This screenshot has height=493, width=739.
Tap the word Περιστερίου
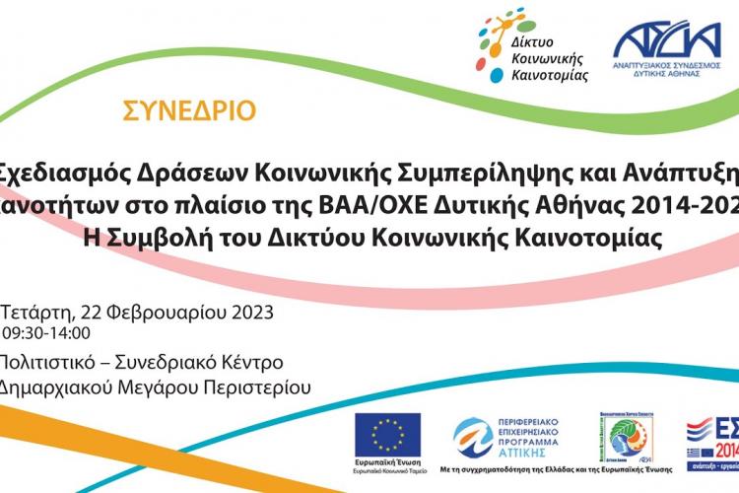point(255,387)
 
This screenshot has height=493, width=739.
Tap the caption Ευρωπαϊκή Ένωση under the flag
point(387,463)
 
